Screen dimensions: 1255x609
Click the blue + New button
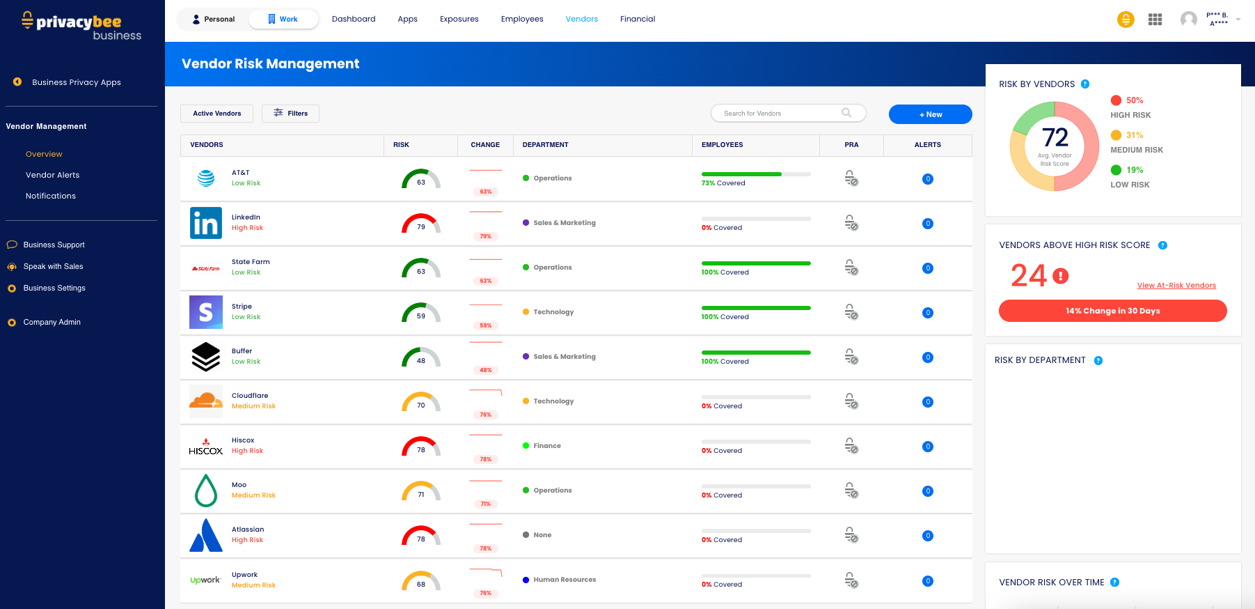click(930, 114)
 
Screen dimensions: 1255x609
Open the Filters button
click(290, 114)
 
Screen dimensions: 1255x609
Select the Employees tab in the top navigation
click(522, 19)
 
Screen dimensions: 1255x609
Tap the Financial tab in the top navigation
click(638, 19)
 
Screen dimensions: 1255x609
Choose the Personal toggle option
click(214, 20)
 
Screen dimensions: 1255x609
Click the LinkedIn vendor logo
click(206, 223)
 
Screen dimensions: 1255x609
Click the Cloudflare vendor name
click(250, 396)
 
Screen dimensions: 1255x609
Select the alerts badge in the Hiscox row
click(928, 447)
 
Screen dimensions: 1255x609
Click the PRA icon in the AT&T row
click(851, 178)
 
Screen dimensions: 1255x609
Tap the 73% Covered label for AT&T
click(723, 183)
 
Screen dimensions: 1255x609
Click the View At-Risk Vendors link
click(1176, 286)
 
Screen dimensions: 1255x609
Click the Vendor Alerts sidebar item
click(53, 175)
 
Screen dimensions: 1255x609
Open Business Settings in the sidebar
click(54, 288)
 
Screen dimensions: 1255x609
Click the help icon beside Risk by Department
click(1098, 360)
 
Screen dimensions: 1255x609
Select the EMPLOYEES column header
click(722, 145)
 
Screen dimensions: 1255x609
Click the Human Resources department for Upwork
click(565, 580)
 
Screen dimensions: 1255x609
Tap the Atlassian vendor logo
click(206, 535)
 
